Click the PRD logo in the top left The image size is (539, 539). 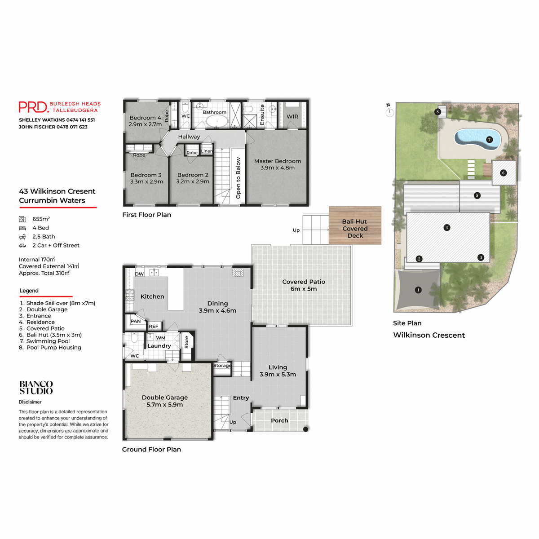point(33,107)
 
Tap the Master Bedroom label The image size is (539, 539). point(278,164)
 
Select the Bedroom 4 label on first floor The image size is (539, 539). point(145,121)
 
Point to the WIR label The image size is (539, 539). point(292,117)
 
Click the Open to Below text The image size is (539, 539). point(239,178)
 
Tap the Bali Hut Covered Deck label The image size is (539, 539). point(355,228)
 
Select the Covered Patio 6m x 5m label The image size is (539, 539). point(304,285)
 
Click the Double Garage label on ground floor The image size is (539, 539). point(165,401)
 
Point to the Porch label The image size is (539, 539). point(279,421)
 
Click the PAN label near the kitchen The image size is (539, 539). point(136,321)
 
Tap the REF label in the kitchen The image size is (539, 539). point(154,327)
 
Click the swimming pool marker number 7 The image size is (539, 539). point(490,140)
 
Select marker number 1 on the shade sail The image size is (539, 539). point(418,290)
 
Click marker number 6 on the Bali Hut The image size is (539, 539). point(503,173)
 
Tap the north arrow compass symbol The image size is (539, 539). point(389,110)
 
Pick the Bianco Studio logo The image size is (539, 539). point(36,387)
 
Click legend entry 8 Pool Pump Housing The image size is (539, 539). point(50,348)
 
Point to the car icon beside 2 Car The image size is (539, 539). point(22,246)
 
